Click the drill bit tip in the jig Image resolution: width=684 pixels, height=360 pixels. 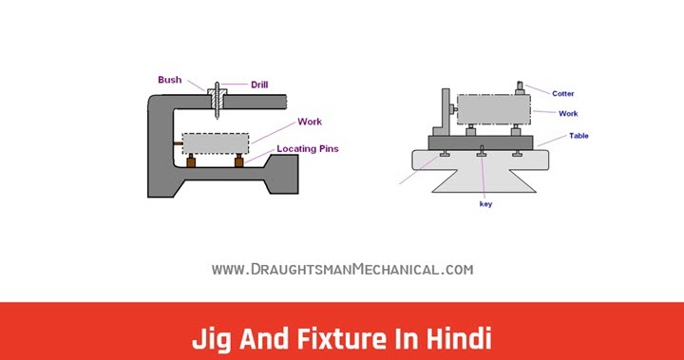[x=218, y=119]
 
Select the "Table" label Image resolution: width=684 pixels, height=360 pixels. [x=579, y=136]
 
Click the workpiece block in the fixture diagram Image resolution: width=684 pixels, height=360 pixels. [x=492, y=109]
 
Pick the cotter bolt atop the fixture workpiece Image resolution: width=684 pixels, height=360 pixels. [x=521, y=90]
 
